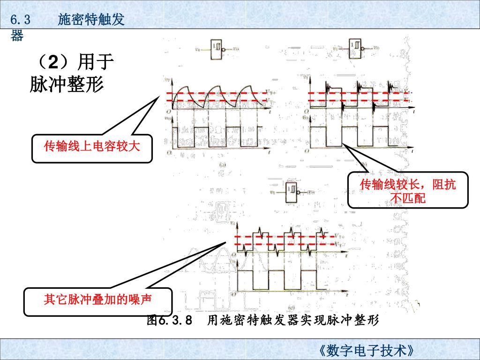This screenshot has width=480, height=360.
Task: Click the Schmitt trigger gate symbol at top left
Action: click(217, 48)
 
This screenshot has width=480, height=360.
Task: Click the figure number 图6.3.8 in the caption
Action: click(170, 321)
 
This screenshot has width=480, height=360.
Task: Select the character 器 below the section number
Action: click(17, 36)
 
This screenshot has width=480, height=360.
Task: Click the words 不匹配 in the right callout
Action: click(408, 198)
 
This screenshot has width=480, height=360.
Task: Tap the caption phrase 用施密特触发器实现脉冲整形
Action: click(292, 321)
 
